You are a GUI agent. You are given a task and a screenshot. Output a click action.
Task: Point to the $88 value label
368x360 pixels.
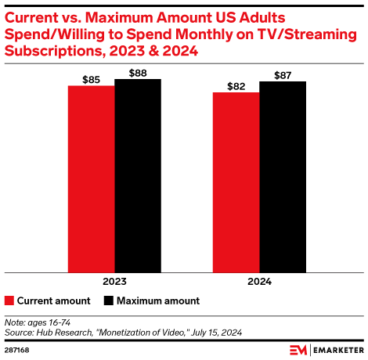pyautogui.click(x=137, y=72)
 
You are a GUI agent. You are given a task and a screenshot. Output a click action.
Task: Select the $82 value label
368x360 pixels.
pyautogui.click(x=236, y=85)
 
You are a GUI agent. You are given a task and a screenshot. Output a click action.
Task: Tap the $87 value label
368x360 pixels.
pyautogui.click(x=282, y=74)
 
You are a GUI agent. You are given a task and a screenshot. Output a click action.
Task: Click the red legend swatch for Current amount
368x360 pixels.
pyautogui.click(x=9, y=301)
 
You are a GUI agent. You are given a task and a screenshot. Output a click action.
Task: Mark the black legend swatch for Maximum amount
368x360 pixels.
pyautogui.click(x=109, y=301)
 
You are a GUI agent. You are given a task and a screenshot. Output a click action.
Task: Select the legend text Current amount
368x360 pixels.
pyautogui.click(x=53, y=301)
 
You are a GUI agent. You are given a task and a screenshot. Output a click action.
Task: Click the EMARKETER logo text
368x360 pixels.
pyautogui.click(x=337, y=349)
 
